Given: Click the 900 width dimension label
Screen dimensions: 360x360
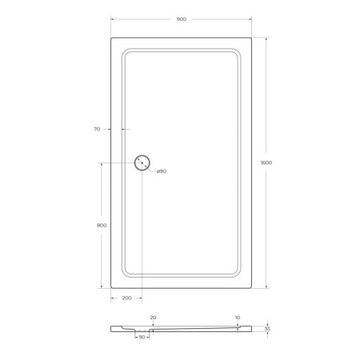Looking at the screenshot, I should coord(180,18).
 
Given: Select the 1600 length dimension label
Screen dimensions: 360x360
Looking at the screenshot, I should coord(266,162).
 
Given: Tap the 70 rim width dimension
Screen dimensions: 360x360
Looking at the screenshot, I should coord(97,129).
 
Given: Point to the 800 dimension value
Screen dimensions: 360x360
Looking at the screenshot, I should coord(101,225).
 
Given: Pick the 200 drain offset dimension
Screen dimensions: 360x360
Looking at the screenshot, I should coord(126,298).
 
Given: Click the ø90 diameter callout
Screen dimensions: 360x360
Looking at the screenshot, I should coord(160,171).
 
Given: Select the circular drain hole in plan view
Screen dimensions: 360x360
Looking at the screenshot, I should coord(142,162).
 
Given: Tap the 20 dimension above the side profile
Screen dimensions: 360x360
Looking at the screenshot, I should coord(153,318).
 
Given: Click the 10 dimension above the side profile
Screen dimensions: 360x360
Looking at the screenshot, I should coord(237,318).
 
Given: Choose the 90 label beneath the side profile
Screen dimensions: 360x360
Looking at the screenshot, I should coord(142,338).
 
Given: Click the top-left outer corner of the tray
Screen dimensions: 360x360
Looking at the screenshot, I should coord(110,37).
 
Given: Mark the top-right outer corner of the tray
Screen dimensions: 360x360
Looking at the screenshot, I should coord(250,37).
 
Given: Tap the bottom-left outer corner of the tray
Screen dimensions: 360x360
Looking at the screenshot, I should coord(110,286).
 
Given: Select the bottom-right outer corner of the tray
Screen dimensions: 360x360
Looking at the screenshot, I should coord(250,286).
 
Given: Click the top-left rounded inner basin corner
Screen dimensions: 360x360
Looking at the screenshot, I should coord(126,52).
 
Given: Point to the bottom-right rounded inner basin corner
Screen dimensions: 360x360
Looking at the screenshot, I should coord(237,273).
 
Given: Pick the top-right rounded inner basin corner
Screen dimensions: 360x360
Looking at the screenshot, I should coord(237,52).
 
